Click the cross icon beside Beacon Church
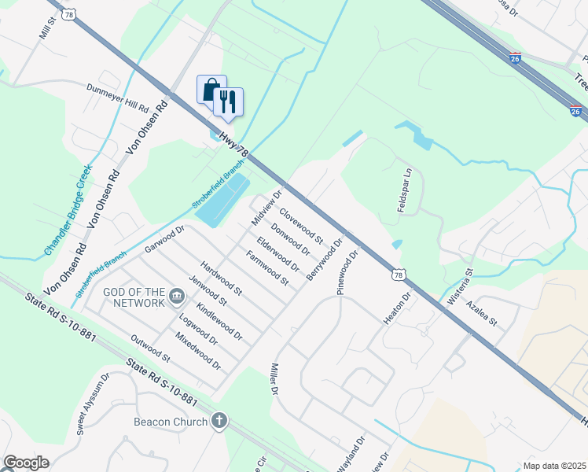[x=219, y=421]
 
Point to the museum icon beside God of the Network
[x=178, y=297]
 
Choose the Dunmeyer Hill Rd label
[x=119, y=98]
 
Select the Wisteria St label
[x=469, y=282]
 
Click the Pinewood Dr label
[x=347, y=272]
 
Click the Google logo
[x=26, y=463]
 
